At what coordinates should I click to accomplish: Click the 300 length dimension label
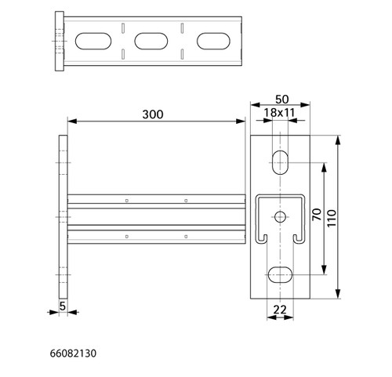[x=153, y=114]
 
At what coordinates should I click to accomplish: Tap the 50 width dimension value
[x=282, y=100]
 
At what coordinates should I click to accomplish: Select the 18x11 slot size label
[x=279, y=113]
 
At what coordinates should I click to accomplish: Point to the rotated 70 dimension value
[x=317, y=214]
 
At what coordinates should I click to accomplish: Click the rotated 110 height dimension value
[x=332, y=218]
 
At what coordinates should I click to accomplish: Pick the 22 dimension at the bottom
[x=280, y=310]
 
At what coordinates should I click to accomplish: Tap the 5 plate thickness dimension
[x=63, y=306]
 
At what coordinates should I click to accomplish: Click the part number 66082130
[x=73, y=353]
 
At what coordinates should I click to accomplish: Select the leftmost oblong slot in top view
[x=93, y=41]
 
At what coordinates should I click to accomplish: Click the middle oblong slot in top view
[x=151, y=41]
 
